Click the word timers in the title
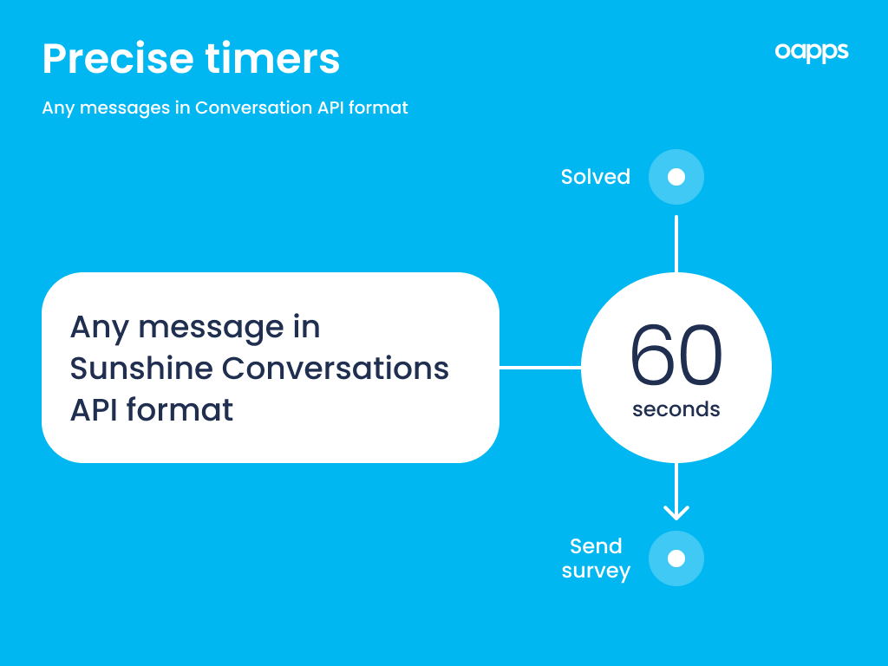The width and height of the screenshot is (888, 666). coord(272,58)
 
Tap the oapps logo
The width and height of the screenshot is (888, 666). coord(812,52)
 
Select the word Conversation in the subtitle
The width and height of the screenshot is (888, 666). coord(253,108)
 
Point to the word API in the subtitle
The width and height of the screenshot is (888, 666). coord(330,108)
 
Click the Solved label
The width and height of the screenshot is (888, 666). coord(595,177)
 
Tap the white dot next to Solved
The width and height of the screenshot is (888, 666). coord(676,177)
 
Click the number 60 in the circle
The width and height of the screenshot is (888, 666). coord(676,355)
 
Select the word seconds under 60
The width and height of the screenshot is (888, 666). coord(676,409)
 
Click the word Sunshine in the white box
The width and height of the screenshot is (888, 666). coord(141,368)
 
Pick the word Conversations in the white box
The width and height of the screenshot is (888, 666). coord(336,368)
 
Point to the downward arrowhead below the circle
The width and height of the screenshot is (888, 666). coord(676,513)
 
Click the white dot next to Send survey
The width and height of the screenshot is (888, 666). coord(676,558)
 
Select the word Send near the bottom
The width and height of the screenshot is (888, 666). coord(596,546)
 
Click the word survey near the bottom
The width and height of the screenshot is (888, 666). coord(596,571)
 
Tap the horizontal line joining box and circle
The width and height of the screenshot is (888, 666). coord(540,368)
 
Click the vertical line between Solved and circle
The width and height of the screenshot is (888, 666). coord(676,244)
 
